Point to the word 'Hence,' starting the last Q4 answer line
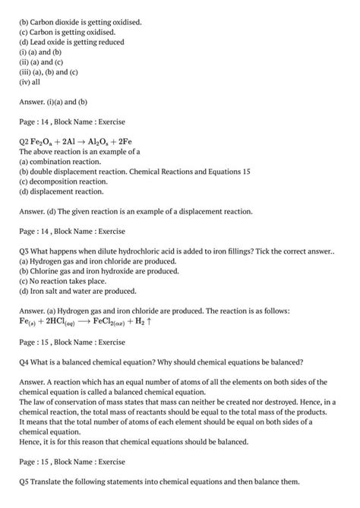32,441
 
